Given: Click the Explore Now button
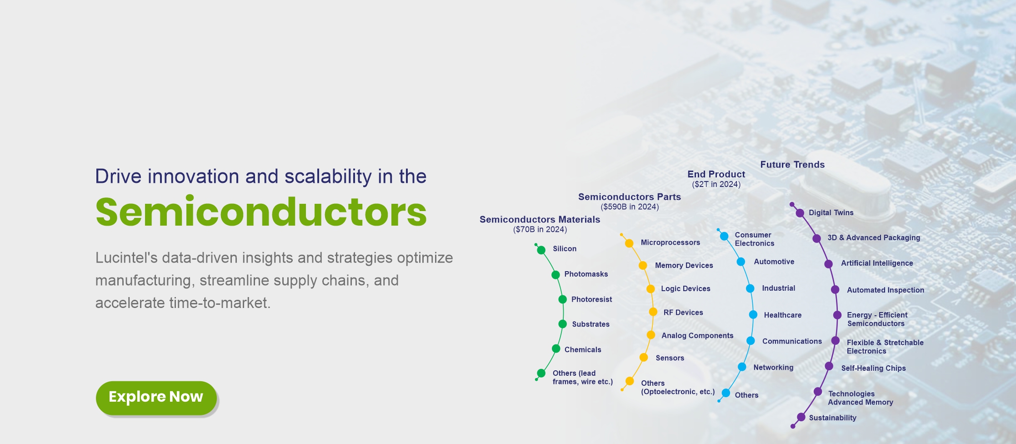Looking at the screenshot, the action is [156, 398].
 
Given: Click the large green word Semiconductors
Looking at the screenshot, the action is [261, 212].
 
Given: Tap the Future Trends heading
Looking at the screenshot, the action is [792, 165].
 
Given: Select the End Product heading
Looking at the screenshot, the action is [716, 174].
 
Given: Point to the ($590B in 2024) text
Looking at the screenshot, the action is [630, 207].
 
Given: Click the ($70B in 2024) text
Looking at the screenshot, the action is [540, 230].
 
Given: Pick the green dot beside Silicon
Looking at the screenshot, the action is [541, 250].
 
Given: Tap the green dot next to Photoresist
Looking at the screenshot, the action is [562, 299].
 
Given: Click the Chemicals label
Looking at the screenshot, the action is [583, 350].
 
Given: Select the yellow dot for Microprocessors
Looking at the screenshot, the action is [629, 243].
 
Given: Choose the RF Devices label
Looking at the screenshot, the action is [683, 313].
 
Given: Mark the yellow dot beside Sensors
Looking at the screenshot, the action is [644, 358].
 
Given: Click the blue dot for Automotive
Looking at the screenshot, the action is [741, 262].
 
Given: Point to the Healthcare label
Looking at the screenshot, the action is [783, 315].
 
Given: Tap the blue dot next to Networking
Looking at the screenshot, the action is [742, 367].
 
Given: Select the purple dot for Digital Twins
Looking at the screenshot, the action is [800, 213].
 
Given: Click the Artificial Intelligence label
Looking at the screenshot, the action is [877, 263].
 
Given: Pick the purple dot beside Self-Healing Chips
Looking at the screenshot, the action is [829, 366].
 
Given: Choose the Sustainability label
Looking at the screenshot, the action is [833, 418].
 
